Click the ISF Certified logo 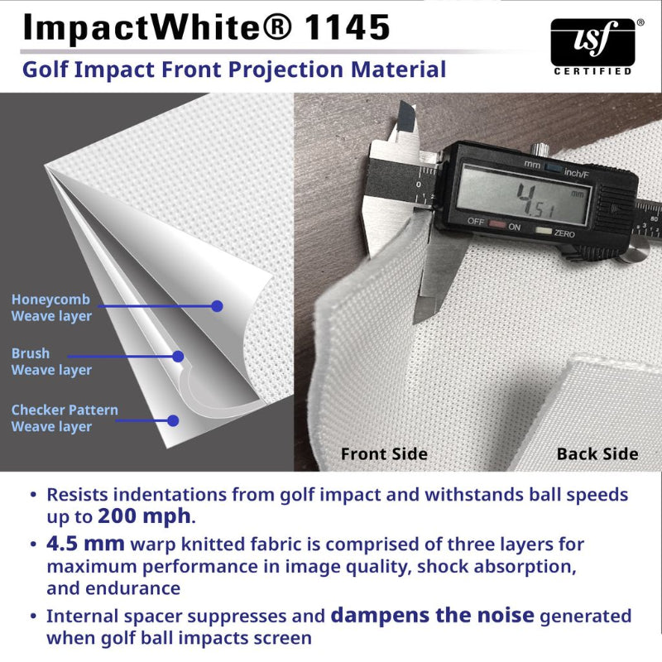point(592,46)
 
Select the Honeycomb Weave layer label point(51,307)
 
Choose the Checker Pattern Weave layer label point(65,418)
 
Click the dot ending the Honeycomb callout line point(217,306)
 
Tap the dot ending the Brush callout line point(178,357)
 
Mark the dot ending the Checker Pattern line point(173,420)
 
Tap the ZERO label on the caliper point(565,235)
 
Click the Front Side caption point(384,453)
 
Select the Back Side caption point(597,453)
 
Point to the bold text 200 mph point(144,517)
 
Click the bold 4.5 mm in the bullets point(86,544)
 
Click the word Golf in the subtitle point(46,69)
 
